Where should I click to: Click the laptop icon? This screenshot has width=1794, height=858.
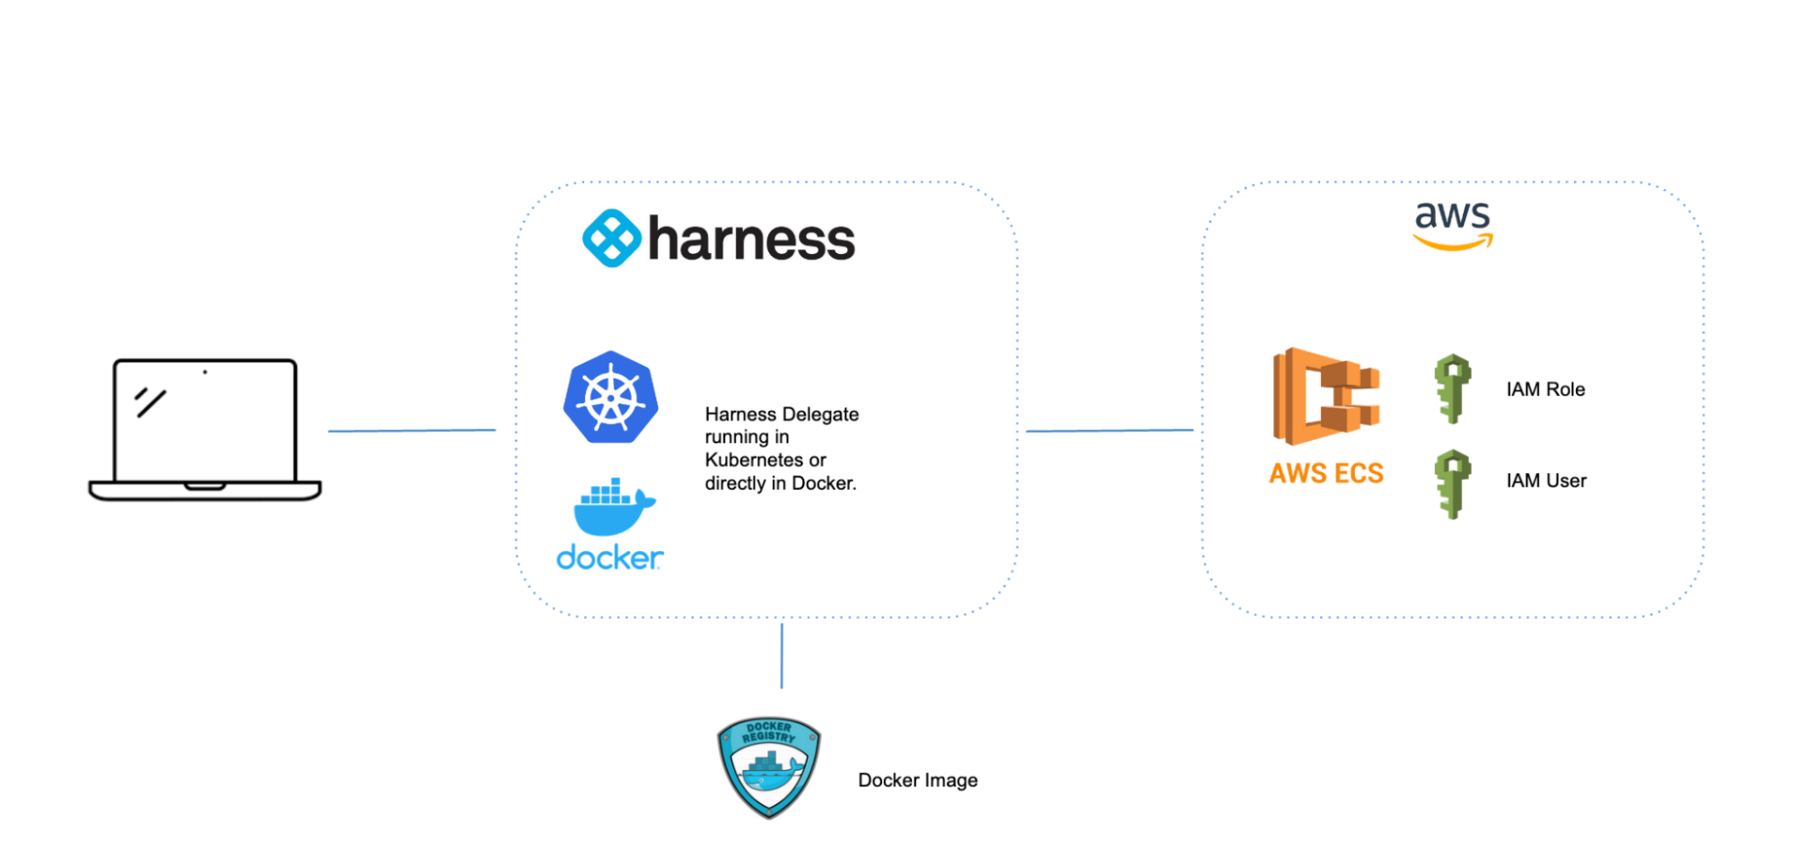pos(205,429)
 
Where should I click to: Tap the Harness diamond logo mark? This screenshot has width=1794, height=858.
pos(611,239)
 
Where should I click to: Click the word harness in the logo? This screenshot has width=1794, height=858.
pos(751,240)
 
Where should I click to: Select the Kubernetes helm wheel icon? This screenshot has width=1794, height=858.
pos(610,397)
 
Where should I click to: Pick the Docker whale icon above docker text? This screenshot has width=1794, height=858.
pos(614,507)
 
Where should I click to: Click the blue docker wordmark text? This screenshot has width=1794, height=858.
pos(609,558)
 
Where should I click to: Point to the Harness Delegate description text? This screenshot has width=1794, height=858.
pos(781,448)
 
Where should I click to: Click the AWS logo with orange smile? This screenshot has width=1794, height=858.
pos(1452,224)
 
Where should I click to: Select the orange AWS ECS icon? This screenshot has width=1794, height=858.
pos(1326,397)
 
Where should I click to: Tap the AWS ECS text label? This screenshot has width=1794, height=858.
pos(1326,473)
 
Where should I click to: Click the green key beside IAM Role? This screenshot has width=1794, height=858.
pos(1452,389)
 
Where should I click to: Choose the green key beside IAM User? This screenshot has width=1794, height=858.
pos(1452,483)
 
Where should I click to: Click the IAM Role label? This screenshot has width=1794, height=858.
pos(1545,390)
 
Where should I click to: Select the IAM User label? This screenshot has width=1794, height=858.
pos(1546,481)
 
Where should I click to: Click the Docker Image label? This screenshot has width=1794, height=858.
pos(917,780)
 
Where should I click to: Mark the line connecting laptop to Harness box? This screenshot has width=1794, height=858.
pos(411,431)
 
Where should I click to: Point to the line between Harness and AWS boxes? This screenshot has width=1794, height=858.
pos(1109,431)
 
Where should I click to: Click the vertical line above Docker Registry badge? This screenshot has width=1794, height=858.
pos(782,656)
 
